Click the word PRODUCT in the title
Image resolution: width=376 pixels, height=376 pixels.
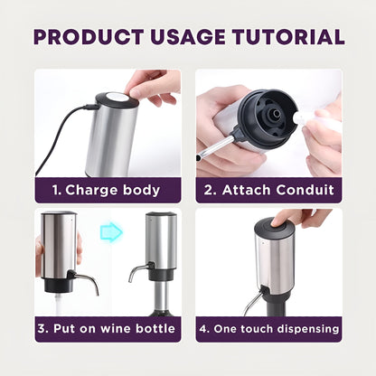pyautogui.click(x=87, y=38)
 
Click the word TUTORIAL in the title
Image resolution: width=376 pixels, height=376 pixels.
pyautogui.click(x=287, y=38)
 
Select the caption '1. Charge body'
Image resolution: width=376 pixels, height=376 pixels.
pyautogui.click(x=108, y=192)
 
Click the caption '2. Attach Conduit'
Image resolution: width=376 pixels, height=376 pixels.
pyautogui.click(x=268, y=192)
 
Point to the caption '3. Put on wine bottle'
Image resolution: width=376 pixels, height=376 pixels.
pyautogui.click(x=108, y=329)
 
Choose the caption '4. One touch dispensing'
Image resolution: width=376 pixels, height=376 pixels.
pyautogui.click(x=268, y=329)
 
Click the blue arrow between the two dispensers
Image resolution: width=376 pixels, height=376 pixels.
pyautogui.click(x=110, y=233)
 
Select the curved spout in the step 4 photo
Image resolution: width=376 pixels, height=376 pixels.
pyautogui.click(x=254, y=296)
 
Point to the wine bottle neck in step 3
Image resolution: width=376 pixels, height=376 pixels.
pyautogui.click(x=162, y=296)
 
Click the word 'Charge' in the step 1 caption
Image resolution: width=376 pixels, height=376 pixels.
pyautogui.click(x=96, y=192)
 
